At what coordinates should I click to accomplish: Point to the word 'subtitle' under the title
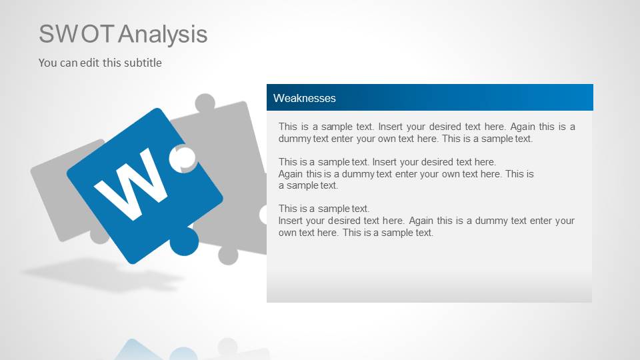point(142,63)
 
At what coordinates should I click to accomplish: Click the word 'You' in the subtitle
point(47,63)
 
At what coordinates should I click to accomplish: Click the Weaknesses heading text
point(305,98)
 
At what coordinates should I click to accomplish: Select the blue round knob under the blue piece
point(184,241)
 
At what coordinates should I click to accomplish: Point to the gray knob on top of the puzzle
point(204,103)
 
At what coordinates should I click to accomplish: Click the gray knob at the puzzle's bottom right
point(227,255)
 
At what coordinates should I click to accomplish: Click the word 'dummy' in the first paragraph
point(294,139)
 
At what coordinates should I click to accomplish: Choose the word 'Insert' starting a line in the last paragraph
point(292,221)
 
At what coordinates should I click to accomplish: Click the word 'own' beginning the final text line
point(287,233)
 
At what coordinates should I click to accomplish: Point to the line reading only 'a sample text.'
point(308,185)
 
